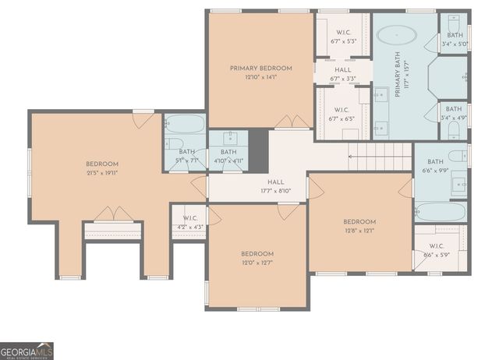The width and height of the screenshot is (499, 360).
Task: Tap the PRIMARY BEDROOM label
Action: click(260, 69)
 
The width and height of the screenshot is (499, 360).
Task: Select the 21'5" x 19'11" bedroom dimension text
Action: click(102, 173)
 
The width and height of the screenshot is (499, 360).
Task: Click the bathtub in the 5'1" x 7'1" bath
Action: click(186, 123)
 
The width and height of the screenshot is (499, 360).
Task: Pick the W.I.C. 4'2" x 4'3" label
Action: click(189, 222)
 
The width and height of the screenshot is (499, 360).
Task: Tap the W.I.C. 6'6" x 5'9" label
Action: click(440, 249)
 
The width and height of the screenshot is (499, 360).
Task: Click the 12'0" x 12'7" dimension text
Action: click(257, 263)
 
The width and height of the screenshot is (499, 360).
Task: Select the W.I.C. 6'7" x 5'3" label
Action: click(342, 36)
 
